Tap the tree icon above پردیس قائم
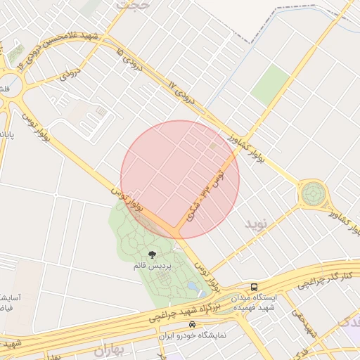[152, 255]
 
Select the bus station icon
[254, 287]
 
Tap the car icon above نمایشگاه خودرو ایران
[192, 325]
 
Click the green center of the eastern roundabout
[313, 193]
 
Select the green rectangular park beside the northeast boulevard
[270, 85]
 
